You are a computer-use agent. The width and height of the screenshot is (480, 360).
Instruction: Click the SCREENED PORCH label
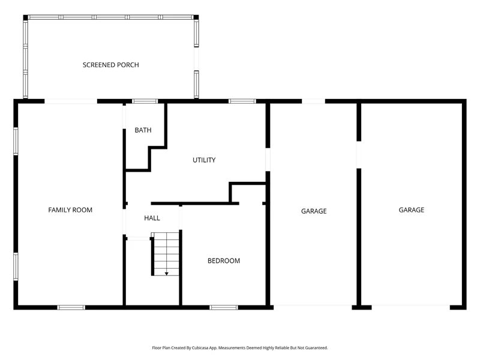click(x=111, y=65)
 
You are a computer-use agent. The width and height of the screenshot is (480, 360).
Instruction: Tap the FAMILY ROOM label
click(x=70, y=210)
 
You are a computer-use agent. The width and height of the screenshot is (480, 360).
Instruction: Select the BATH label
click(x=143, y=130)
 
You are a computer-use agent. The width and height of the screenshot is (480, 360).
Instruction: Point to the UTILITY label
click(x=204, y=160)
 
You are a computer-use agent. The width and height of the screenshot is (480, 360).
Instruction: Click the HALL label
click(x=152, y=218)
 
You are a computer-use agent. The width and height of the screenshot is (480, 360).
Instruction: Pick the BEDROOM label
click(x=224, y=261)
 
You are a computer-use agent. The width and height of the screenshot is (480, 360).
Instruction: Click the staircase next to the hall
click(x=166, y=254)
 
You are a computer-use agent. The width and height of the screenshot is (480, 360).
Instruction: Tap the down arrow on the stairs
click(x=167, y=273)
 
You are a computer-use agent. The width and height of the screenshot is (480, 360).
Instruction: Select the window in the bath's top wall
click(x=145, y=101)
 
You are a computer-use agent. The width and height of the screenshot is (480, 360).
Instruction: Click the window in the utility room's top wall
click(x=242, y=101)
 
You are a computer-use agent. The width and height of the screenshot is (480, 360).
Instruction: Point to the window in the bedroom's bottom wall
click(x=224, y=307)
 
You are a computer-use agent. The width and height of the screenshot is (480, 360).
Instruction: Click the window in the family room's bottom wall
click(x=71, y=307)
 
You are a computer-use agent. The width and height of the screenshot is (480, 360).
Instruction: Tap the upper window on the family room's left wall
click(x=16, y=141)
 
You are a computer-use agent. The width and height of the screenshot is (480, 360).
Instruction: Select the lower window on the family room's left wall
click(x=16, y=266)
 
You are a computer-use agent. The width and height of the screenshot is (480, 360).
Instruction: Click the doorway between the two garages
click(x=359, y=155)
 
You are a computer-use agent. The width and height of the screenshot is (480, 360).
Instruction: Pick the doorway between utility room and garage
click(x=268, y=160)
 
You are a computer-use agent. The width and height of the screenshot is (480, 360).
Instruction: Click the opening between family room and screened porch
click(x=71, y=101)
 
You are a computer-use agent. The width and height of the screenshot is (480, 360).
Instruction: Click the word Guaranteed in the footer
click(x=317, y=348)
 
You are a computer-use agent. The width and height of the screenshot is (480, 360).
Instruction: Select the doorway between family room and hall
click(x=124, y=222)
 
